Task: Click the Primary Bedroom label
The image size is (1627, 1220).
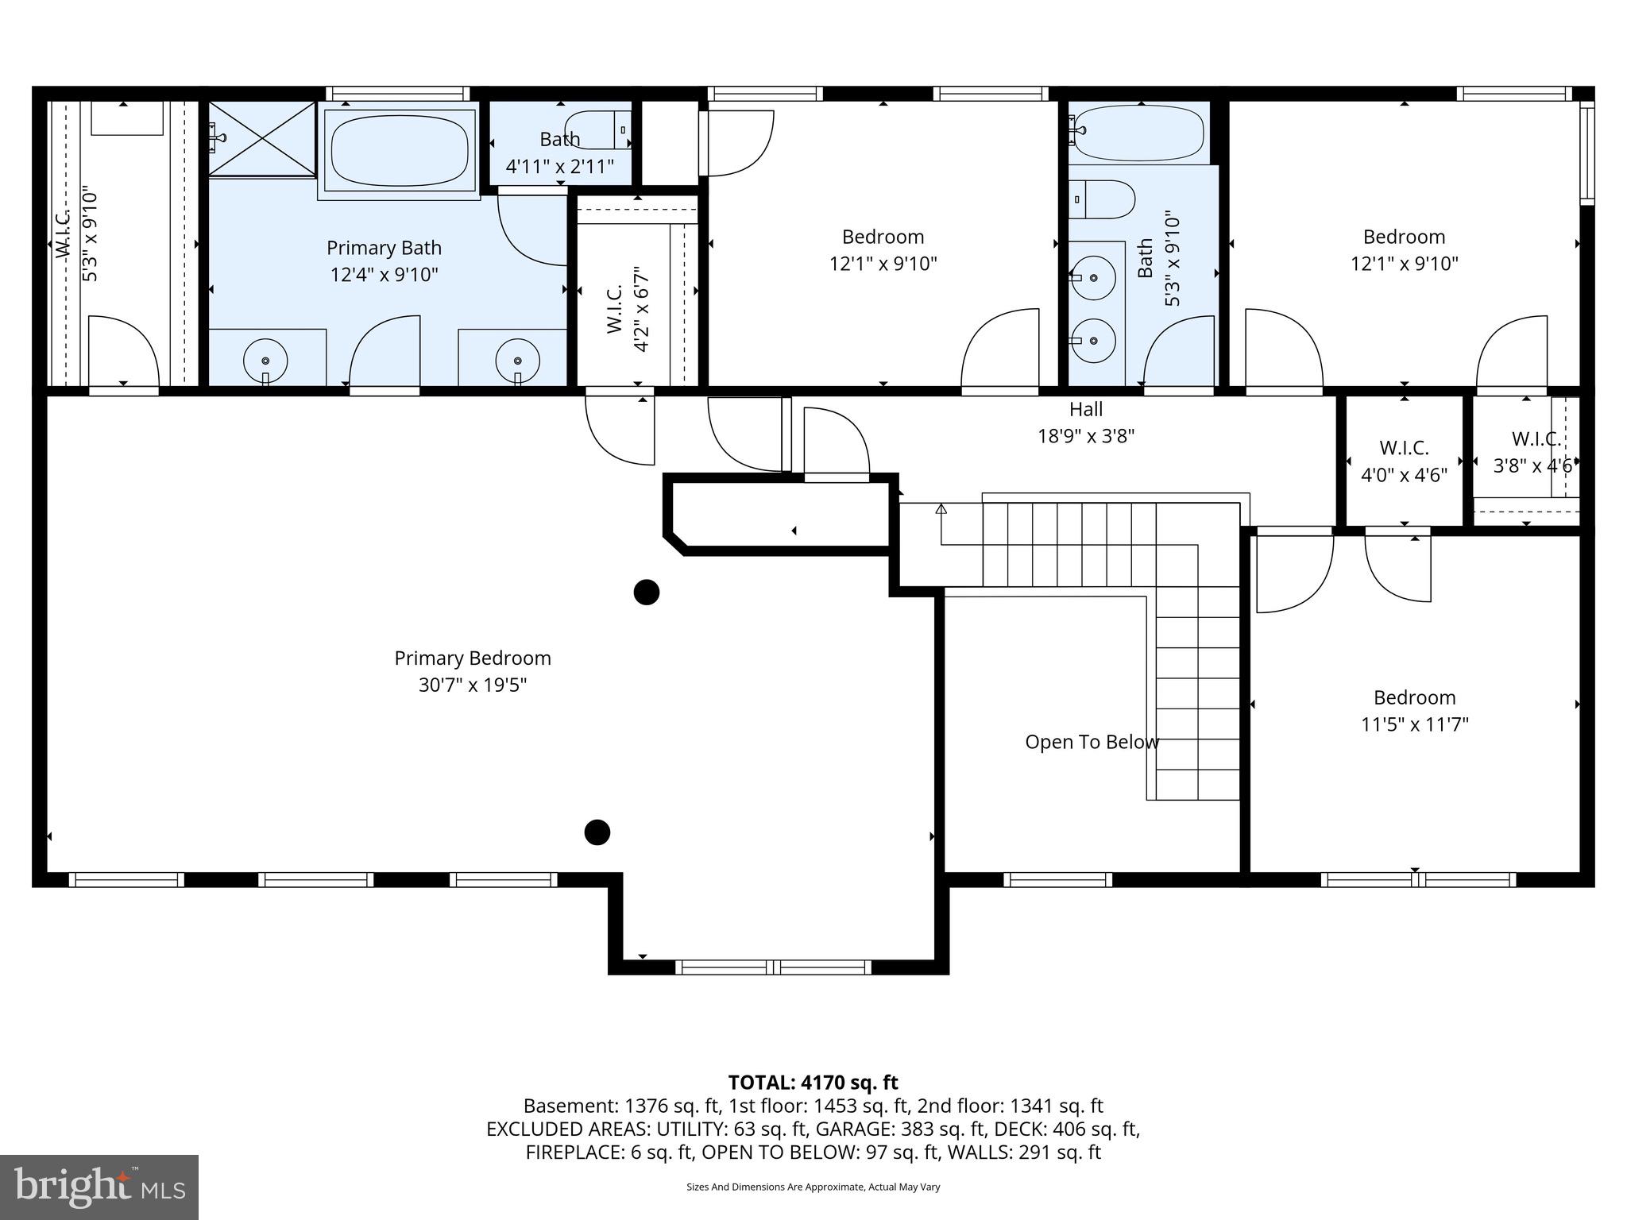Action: [473, 658]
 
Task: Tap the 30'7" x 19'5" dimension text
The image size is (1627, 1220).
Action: [473, 685]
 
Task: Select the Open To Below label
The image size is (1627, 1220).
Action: [1092, 742]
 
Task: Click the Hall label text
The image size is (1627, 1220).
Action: [1086, 409]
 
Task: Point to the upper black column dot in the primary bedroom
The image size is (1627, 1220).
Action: [647, 592]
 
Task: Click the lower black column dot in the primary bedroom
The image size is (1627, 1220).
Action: [597, 832]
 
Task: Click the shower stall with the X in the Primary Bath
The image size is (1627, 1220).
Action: [262, 137]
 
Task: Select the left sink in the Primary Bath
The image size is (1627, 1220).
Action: [265, 360]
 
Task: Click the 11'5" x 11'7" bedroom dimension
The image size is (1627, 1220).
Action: [1415, 724]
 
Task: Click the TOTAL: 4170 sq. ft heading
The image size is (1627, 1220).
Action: [813, 1082]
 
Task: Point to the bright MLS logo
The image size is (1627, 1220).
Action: [99, 1187]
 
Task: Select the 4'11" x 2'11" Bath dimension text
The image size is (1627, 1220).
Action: [560, 167]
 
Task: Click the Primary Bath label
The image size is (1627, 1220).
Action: [384, 248]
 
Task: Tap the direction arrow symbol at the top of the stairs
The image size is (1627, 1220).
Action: [941, 509]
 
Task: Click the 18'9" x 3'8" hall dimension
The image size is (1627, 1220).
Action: [1086, 436]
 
